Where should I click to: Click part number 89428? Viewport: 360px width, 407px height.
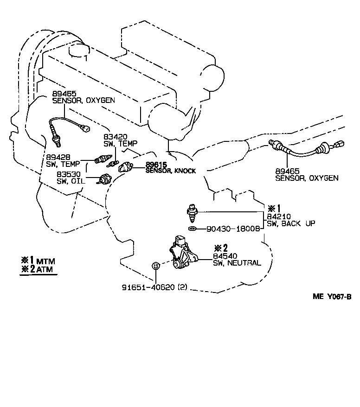[x=56, y=157]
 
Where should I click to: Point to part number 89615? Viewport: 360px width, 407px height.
[x=156, y=165]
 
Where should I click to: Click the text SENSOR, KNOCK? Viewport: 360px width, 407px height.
[x=171, y=171]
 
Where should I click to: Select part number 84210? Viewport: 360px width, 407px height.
[x=276, y=216]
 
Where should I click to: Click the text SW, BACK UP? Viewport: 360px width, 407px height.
[x=291, y=223]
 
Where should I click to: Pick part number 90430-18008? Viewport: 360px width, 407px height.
[x=231, y=229]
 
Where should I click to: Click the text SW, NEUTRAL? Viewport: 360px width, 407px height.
[x=237, y=263]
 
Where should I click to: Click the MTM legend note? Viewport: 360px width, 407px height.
[x=39, y=261]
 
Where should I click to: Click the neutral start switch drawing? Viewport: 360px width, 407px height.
[x=183, y=253]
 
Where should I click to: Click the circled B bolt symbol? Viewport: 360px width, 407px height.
[x=156, y=265]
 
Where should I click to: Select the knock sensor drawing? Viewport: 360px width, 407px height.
[x=126, y=166]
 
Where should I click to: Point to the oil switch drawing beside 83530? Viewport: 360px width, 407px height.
[x=104, y=179]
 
